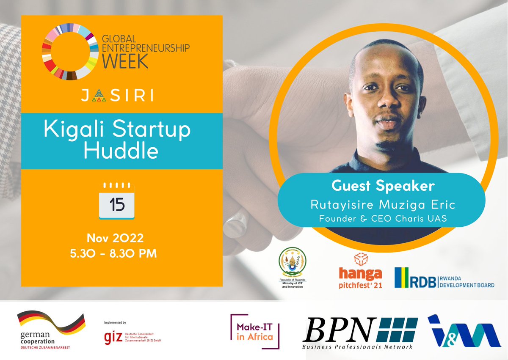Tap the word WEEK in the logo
125,62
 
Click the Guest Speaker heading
384,186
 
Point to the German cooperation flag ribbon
50,322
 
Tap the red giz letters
113,336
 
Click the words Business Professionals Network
357,347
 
